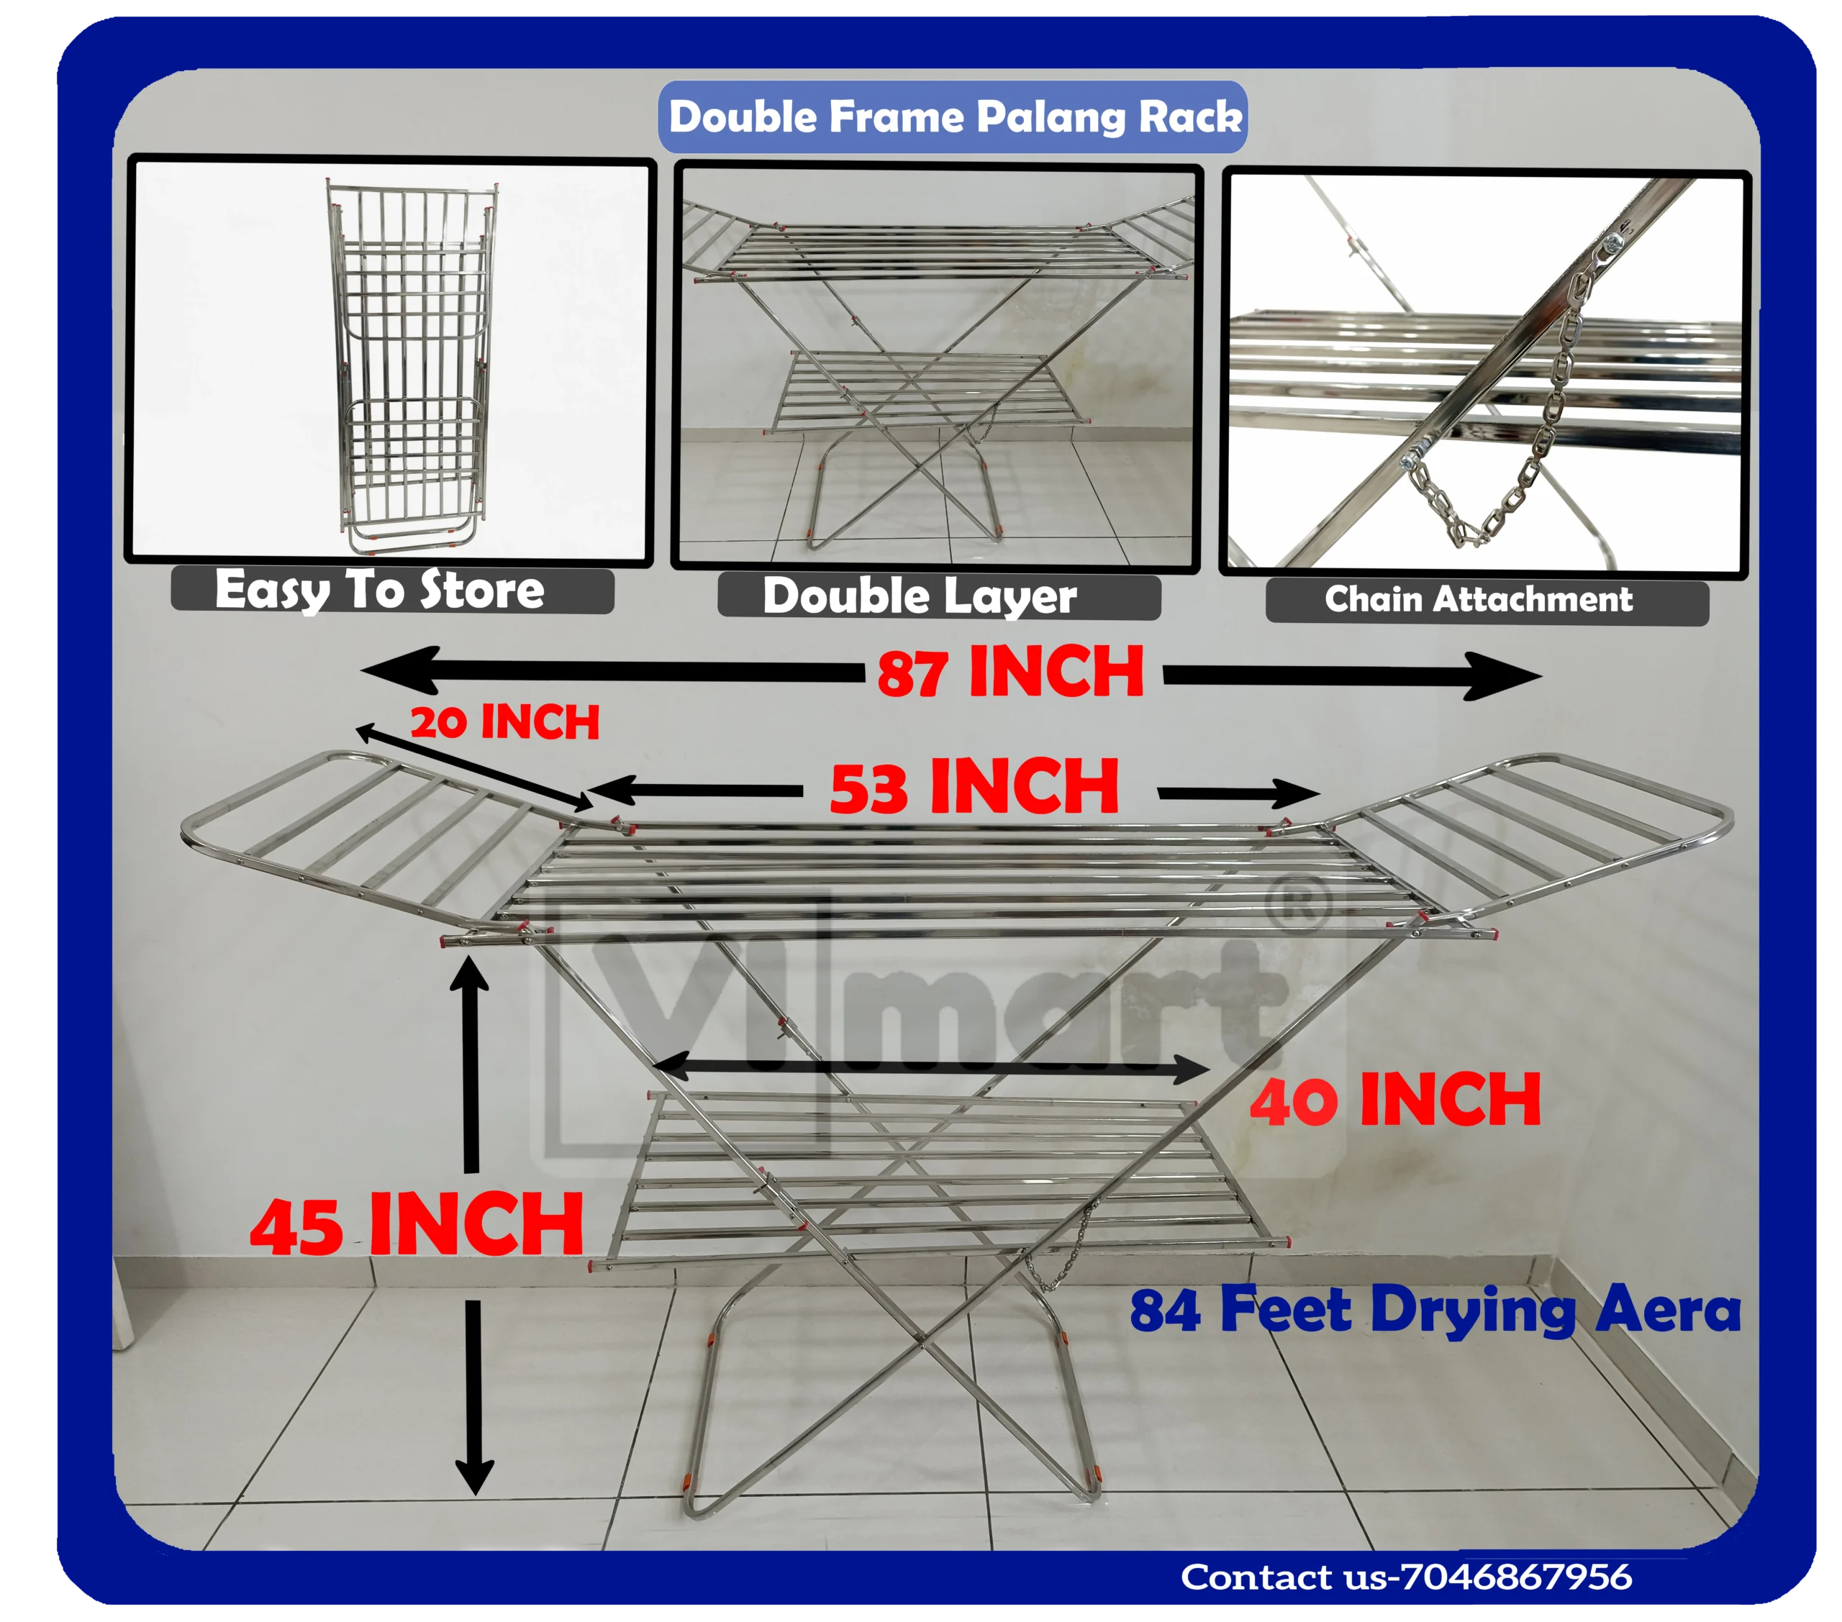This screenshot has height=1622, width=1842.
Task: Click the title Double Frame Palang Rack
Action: [x=954, y=117]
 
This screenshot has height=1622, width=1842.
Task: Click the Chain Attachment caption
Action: [x=1478, y=599]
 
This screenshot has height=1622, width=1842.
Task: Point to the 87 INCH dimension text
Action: [x=1010, y=673]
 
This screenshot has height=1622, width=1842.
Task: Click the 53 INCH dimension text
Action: [x=974, y=787]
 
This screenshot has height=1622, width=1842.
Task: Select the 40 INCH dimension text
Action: [x=1395, y=1101]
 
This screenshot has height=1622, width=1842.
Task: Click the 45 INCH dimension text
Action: [x=417, y=1225]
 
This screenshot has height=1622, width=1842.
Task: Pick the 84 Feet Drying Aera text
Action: [x=1435, y=1311]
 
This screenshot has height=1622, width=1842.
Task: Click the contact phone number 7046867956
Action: [x=1517, y=1577]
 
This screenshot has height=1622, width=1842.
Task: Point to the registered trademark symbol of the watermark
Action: [x=1298, y=906]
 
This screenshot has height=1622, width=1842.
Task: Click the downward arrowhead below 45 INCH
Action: [x=474, y=1479]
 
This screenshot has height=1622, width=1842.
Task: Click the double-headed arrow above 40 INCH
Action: [x=932, y=1068]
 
